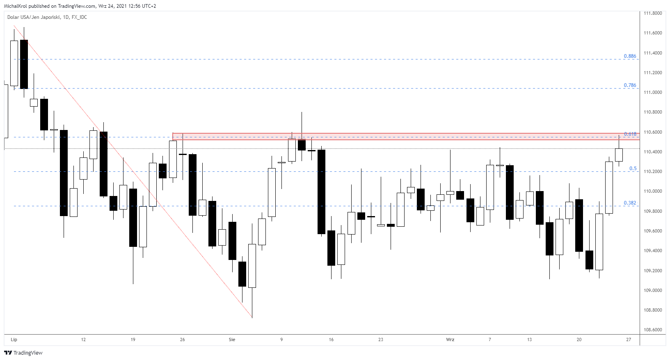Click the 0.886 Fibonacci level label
tap(630, 56)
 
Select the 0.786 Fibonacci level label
tap(630, 85)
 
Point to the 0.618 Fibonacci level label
tap(630, 134)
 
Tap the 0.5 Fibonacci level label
tap(633, 169)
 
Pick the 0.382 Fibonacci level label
tap(630, 203)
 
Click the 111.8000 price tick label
tap(653, 13)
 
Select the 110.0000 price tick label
tap(653, 191)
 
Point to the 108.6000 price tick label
tap(653, 330)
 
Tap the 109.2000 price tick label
tap(653, 271)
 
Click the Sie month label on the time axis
tap(232, 339)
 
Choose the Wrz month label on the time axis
tap(450, 339)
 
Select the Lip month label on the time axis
tap(14, 339)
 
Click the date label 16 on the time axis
tap(331, 339)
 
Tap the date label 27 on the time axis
tap(629, 339)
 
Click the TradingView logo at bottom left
tap(23, 353)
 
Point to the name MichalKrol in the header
tap(16, 6)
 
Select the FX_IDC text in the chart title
tap(79, 17)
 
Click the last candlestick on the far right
tap(619, 155)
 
